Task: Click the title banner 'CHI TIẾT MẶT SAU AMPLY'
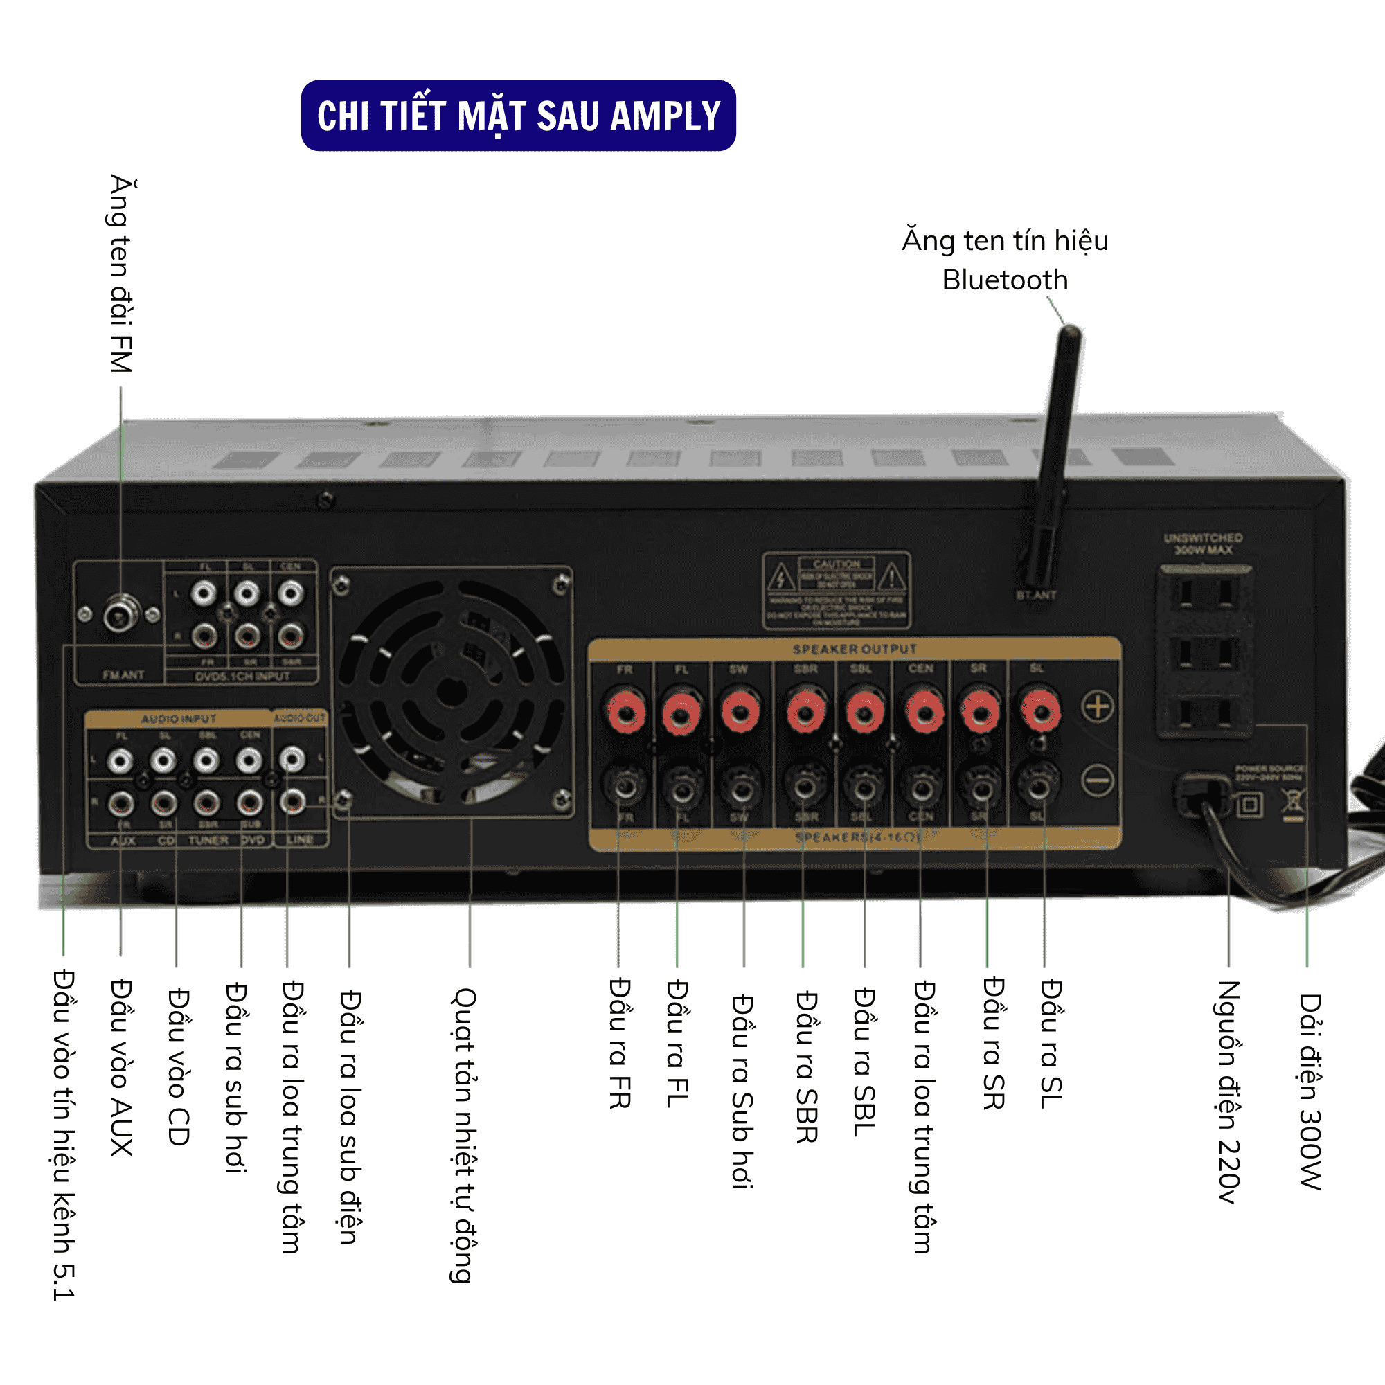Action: [x=517, y=116]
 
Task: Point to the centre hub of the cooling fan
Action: [x=452, y=692]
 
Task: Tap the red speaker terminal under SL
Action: [x=1039, y=711]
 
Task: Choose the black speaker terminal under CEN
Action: [x=922, y=789]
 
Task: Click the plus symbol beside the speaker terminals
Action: [x=1097, y=707]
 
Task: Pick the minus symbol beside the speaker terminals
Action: [x=1097, y=780]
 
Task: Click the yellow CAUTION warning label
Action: [x=836, y=591]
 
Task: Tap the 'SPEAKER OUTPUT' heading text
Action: [x=854, y=650]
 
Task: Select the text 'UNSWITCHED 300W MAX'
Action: [x=1203, y=544]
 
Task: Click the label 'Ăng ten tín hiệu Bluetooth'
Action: [x=1004, y=260]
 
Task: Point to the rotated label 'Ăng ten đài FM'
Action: [x=122, y=274]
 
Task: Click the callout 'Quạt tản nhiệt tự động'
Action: [x=464, y=1135]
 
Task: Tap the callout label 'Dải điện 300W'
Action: [x=1310, y=1091]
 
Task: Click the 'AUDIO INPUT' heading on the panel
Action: [x=179, y=719]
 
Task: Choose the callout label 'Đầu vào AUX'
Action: [x=121, y=1067]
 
